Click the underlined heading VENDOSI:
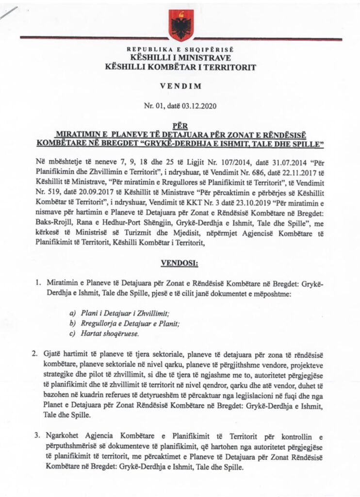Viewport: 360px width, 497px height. click(179, 263)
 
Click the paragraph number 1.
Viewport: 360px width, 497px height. click(37, 282)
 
